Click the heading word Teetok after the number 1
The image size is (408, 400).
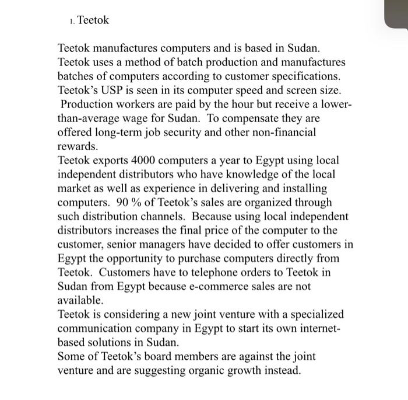[93, 20]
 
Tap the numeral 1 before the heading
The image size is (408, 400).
[70, 21]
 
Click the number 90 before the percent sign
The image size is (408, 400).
[124, 202]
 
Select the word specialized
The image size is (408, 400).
[315, 314]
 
